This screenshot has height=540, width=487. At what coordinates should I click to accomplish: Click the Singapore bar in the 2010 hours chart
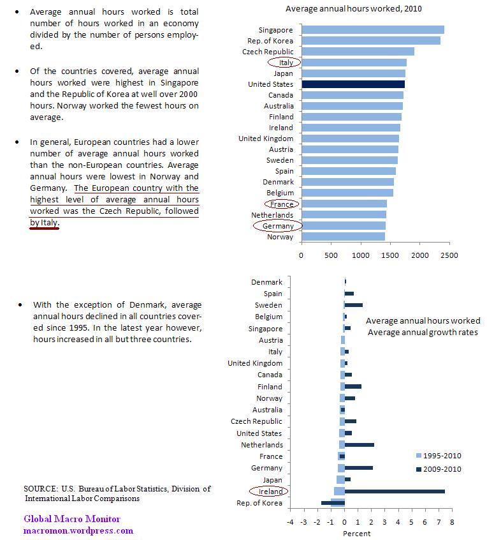[x=372, y=30]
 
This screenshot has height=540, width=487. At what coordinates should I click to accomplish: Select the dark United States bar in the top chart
[x=353, y=84]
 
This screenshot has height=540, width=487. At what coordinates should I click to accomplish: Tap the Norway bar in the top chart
[x=343, y=237]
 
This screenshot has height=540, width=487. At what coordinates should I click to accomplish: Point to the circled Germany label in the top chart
[x=277, y=226]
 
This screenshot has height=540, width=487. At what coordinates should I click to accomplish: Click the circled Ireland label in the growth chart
[x=268, y=491]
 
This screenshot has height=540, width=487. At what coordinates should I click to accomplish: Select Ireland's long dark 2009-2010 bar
[x=395, y=491]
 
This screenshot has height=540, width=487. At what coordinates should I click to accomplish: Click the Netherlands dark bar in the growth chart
[x=359, y=445]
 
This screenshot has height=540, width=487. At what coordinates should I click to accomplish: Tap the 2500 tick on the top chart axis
[x=449, y=255]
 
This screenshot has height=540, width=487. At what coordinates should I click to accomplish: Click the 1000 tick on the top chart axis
[x=360, y=255]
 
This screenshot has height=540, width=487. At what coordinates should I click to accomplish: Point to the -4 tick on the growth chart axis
[x=290, y=521]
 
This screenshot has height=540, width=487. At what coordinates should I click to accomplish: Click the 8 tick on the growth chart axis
[x=451, y=521]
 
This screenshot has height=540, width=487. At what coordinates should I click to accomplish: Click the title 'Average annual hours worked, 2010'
[x=353, y=8]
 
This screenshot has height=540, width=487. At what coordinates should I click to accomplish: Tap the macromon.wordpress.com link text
[x=78, y=530]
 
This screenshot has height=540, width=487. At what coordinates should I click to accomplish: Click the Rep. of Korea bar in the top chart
[x=370, y=41]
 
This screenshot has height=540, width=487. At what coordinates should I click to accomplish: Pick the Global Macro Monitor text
[x=72, y=519]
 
